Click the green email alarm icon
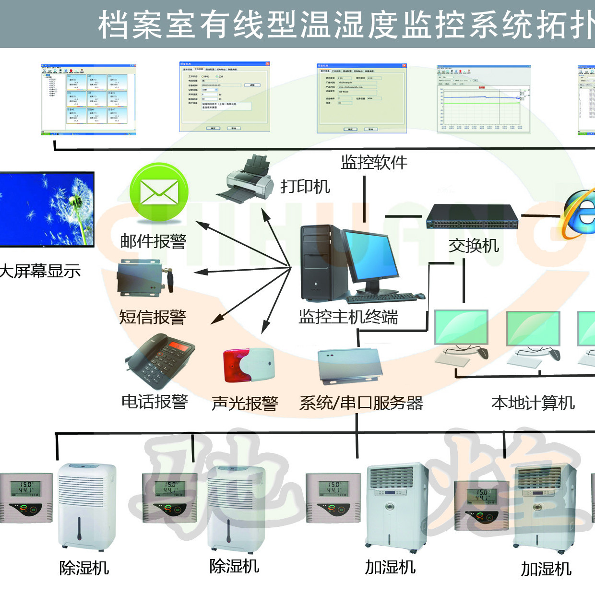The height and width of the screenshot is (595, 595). [x=159, y=192]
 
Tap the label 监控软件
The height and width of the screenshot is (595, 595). [x=374, y=163]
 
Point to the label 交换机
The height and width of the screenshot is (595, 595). [x=474, y=246]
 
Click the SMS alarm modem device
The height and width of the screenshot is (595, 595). [x=144, y=278]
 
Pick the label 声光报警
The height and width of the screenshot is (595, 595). [x=245, y=403]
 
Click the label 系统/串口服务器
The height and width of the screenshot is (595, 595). [x=361, y=403]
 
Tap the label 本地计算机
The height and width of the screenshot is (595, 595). [x=533, y=403]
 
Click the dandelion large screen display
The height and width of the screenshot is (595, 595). [x=47, y=209]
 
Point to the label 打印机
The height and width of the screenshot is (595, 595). [x=305, y=186]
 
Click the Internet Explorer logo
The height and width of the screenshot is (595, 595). [x=580, y=214]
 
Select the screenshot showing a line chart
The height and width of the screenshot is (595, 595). [x=484, y=99]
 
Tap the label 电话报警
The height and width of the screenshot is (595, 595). [x=155, y=402]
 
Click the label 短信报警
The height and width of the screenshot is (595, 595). [x=153, y=317]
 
